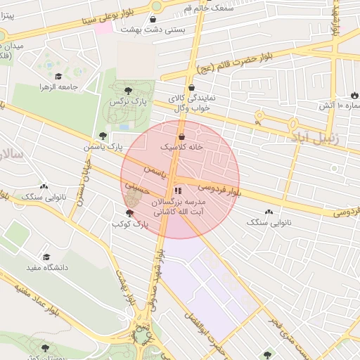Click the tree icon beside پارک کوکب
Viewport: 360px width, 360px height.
coord(129,213)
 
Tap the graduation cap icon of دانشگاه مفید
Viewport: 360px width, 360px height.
coord(46,257)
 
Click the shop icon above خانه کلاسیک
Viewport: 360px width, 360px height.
coord(182,136)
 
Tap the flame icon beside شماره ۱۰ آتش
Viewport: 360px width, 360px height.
coord(353,96)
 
